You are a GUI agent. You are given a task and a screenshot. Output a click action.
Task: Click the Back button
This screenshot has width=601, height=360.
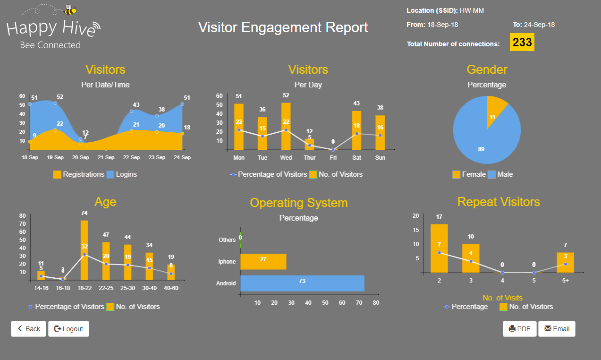point(28,329)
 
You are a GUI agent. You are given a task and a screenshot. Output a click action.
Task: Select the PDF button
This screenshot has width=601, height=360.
point(519,329)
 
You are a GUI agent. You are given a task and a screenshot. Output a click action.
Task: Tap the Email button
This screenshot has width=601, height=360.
point(557,329)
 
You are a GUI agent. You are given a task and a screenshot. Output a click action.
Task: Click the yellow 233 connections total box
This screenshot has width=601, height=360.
point(522,42)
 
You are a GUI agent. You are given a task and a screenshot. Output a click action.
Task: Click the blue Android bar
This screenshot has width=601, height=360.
point(302,283)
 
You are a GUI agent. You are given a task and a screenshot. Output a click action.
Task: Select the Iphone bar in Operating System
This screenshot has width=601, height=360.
point(263,262)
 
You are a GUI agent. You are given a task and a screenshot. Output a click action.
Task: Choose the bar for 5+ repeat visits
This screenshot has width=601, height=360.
point(565,263)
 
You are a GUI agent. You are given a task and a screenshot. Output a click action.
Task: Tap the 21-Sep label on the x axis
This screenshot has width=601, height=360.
point(106,157)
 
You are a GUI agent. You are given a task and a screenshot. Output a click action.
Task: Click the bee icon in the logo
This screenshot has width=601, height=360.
point(70,9)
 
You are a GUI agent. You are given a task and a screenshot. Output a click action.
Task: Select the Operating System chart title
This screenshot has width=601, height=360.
point(298,203)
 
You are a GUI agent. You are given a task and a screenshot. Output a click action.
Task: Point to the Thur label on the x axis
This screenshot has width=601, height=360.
point(309,157)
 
